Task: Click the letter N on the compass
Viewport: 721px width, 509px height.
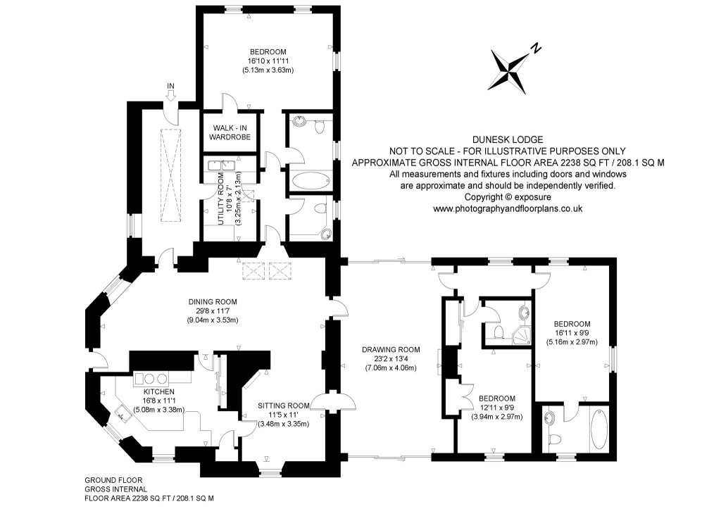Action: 537,49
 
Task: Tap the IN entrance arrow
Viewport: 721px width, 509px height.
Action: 170,94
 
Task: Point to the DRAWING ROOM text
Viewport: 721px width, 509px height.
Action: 391,349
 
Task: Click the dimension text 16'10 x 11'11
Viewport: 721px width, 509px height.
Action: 268,61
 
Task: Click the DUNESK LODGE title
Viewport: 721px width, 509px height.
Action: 508,140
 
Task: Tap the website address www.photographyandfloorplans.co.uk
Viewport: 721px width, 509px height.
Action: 507,208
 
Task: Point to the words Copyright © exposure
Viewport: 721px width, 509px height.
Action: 507,197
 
